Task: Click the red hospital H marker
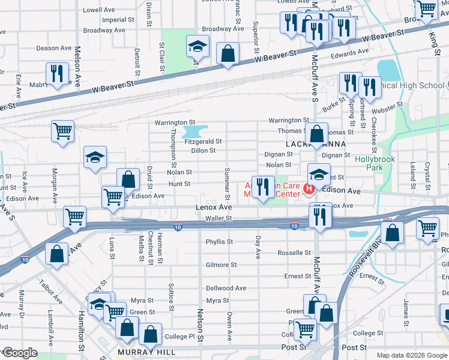click(x=309, y=190)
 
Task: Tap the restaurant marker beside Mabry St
click(x=58, y=74)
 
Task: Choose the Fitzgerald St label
click(x=203, y=142)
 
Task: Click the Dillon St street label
click(x=203, y=151)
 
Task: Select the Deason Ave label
click(x=53, y=48)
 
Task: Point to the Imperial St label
click(x=113, y=20)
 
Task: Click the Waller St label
click(x=218, y=219)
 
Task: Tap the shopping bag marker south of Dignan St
click(x=317, y=134)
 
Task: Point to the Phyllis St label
click(x=219, y=242)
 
